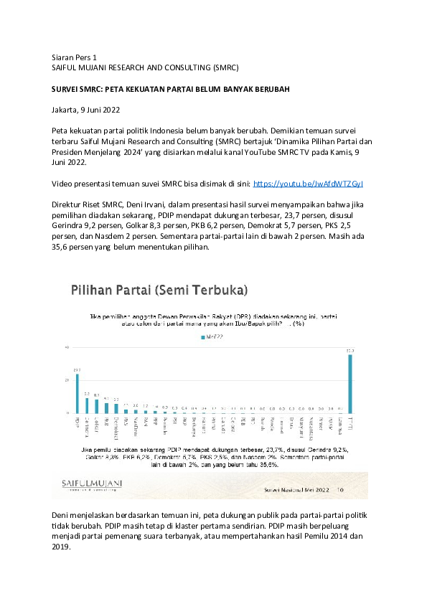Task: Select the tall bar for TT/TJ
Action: pyautogui.click(x=350, y=384)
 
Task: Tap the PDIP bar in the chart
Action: pyautogui.click(x=77, y=394)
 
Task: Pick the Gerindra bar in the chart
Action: pyautogui.click(x=87, y=406)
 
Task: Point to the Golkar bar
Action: pyautogui.click(x=96, y=407)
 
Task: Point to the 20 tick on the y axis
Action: pyautogui.click(x=67, y=380)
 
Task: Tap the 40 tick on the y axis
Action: pyautogui.click(x=67, y=348)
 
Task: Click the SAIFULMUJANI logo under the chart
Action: pyautogui.click(x=88, y=486)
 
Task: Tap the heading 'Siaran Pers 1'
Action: pyautogui.click(x=75, y=56)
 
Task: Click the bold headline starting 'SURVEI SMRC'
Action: pyautogui.click(x=170, y=89)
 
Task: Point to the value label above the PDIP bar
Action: pyautogui.click(x=77, y=370)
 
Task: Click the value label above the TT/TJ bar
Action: pyautogui.click(x=350, y=351)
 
